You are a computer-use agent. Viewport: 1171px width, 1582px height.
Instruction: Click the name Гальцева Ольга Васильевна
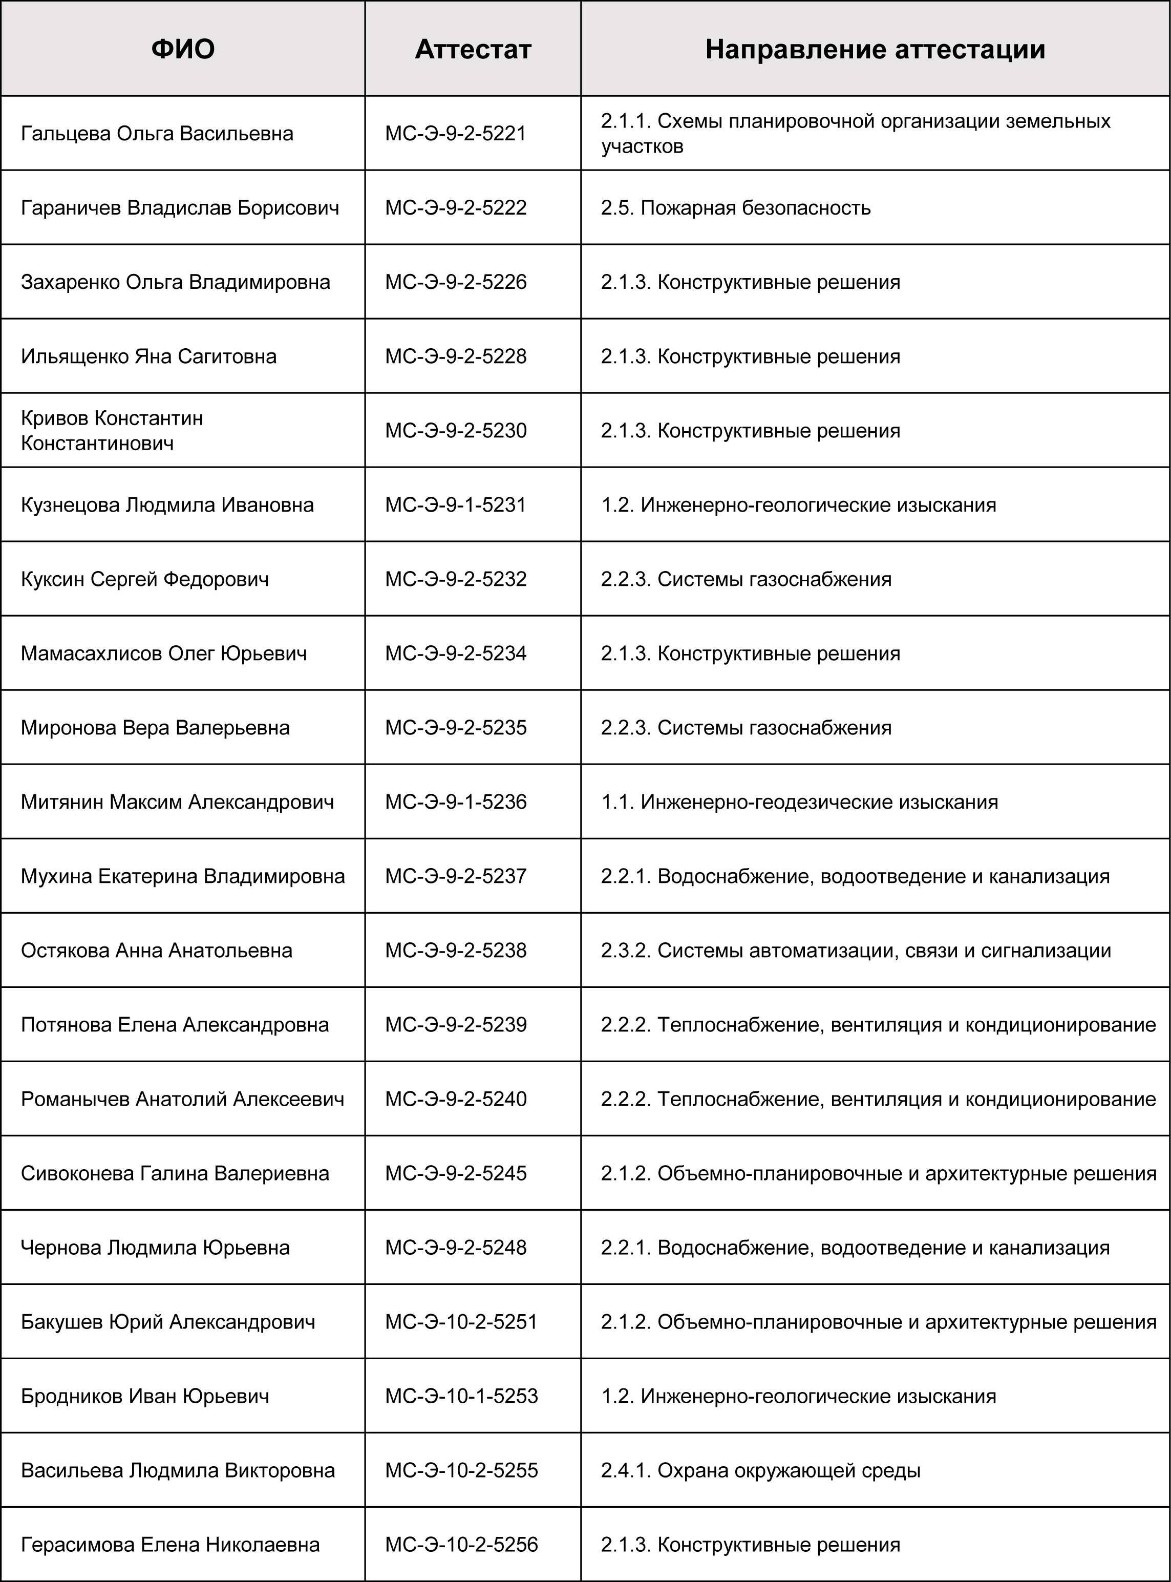click(157, 133)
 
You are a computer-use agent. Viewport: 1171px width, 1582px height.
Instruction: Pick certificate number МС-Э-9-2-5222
click(456, 208)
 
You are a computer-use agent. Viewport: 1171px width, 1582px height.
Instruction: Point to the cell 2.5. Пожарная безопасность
click(736, 208)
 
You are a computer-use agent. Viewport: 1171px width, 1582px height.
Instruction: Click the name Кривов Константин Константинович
click(112, 430)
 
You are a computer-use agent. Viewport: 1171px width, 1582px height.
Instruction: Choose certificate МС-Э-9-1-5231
click(456, 505)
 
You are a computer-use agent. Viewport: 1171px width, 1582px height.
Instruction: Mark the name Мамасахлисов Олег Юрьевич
click(164, 653)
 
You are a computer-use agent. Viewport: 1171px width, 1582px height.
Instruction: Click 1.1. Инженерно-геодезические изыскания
click(800, 802)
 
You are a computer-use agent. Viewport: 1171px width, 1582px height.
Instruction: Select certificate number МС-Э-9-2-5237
click(456, 876)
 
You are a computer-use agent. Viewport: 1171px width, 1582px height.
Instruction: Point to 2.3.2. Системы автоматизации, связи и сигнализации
click(856, 950)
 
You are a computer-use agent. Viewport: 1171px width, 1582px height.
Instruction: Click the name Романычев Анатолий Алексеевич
click(182, 1099)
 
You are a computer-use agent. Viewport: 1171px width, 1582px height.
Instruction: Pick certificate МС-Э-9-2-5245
click(456, 1173)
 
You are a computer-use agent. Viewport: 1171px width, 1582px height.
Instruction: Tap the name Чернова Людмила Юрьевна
click(155, 1247)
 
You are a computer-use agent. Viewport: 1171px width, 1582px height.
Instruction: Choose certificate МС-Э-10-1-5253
click(461, 1396)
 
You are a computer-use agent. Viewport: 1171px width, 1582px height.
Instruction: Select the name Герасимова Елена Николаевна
click(170, 1545)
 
